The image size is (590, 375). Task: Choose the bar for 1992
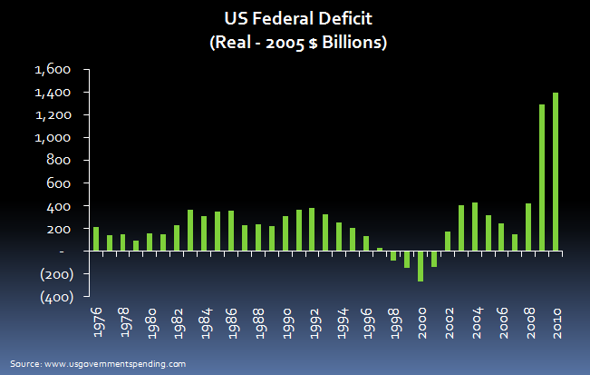311,229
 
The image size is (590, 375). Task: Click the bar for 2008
527,227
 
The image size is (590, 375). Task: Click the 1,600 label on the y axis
53,70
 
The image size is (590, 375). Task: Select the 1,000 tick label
53,138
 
